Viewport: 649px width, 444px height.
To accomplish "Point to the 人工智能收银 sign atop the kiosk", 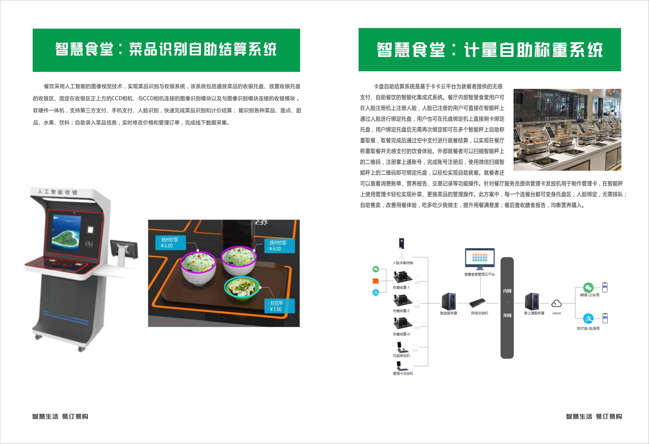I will point(57,192).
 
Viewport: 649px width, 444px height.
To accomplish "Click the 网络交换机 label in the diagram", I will point(480,313).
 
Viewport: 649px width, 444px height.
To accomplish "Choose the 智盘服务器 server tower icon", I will point(448,301).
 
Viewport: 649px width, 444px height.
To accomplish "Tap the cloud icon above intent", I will point(556,303).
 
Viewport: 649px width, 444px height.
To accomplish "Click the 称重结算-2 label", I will point(401,311).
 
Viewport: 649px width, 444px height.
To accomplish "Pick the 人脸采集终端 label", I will point(403,263).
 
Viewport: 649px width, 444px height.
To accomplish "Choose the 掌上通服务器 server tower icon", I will point(532,301).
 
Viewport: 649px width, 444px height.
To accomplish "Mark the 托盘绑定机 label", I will point(401,356).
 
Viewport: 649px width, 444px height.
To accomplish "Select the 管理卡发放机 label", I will point(403,373).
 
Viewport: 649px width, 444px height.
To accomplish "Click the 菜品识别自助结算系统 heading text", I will point(203,49).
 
